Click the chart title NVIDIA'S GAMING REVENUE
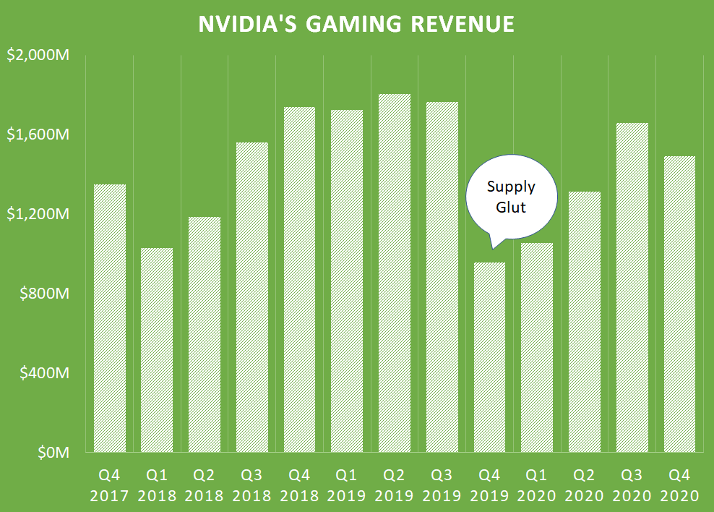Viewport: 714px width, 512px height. [x=356, y=24]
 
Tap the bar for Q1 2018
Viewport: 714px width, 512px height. [x=157, y=350]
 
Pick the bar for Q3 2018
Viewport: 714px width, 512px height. [x=251, y=297]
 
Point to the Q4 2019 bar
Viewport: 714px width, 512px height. [x=489, y=357]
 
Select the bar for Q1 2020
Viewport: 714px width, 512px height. [x=536, y=348]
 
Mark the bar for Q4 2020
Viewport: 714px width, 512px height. [x=679, y=304]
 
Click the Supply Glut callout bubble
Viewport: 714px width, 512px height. [x=511, y=197]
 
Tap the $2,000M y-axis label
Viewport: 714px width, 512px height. [x=37, y=56]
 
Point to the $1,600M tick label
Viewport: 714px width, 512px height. [x=37, y=135]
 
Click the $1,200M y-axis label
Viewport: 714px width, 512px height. [x=37, y=215]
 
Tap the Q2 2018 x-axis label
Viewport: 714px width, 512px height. [x=204, y=486]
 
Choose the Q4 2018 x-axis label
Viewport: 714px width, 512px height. [x=299, y=486]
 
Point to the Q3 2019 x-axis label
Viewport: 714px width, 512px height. [x=442, y=486]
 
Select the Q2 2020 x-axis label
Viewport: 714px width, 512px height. [x=583, y=486]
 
